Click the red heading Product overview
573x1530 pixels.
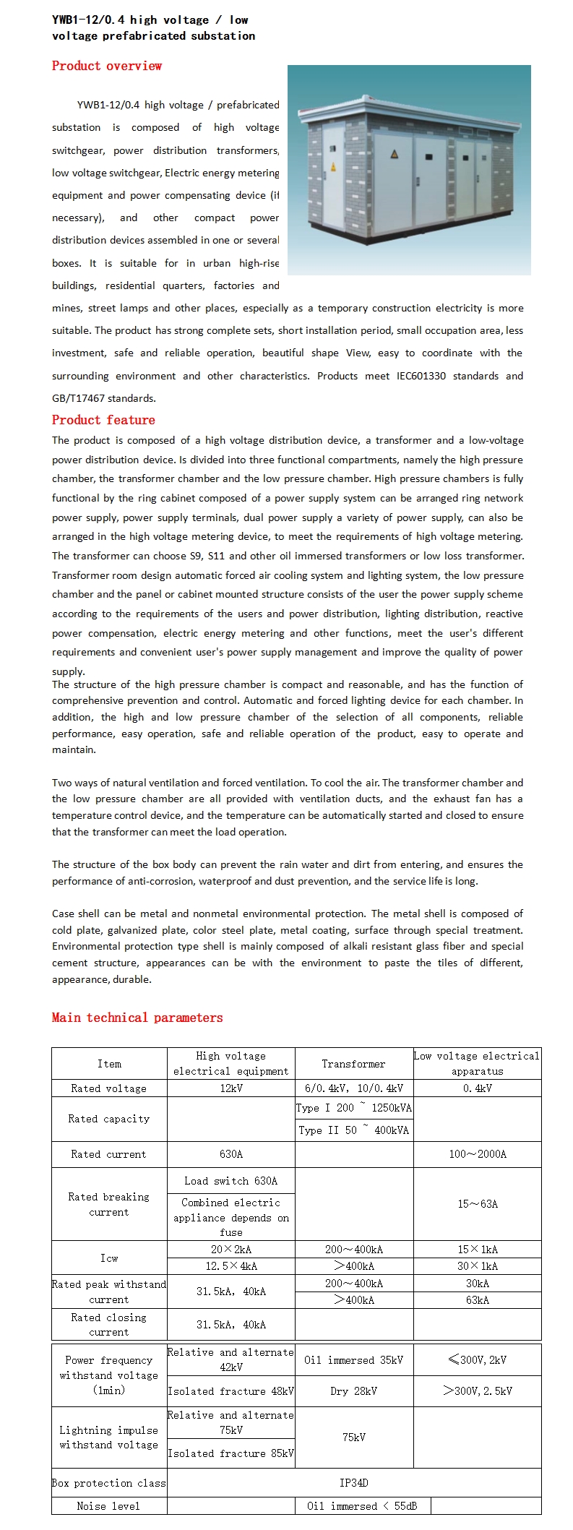pyautogui.click(x=106, y=66)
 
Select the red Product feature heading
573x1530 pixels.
pyautogui.click(x=103, y=420)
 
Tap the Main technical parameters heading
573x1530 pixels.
pyautogui.click(x=137, y=1018)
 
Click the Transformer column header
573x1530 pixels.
pyautogui.click(x=353, y=1064)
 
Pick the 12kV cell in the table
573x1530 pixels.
pyautogui.click(x=231, y=1088)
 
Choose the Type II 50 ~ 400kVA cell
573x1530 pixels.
pyautogui.click(x=353, y=1130)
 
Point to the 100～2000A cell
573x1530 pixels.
pyautogui.click(x=478, y=1154)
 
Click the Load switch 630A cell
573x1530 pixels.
pyautogui.click(x=231, y=1181)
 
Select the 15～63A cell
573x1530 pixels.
pyautogui.click(x=478, y=1204)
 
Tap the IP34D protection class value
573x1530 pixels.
pyautogui.click(x=353, y=1483)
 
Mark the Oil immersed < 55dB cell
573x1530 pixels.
pyautogui.click(x=361, y=1506)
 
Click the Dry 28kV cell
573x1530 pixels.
pyautogui.click(x=353, y=1391)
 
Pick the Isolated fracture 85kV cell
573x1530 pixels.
pyautogui.click(x=231, y=1453)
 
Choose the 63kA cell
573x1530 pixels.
pyautogui.click(x=478, y=1300)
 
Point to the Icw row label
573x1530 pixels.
pyautogui.click(x=109, y=1258)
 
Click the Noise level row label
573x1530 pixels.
pyautogui.click(x=108, y=1506)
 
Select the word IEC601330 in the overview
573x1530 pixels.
pyautogui.click(x=421, y=376)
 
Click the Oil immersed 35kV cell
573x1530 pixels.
pyautogui.click(x=353, y=1360)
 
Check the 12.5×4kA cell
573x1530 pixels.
pyautogui.click(x=231, y=1266)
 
